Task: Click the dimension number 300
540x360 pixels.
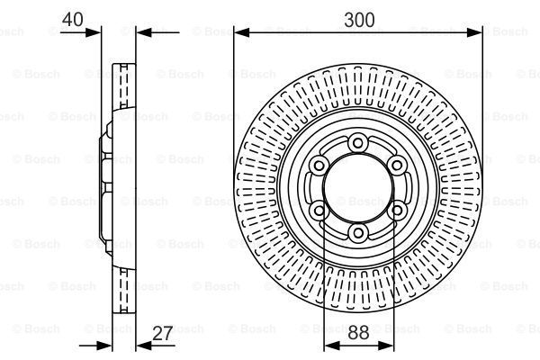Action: click(359, 20)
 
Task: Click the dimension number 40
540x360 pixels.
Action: click(73, 19)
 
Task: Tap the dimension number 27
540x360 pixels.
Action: click(162, 333)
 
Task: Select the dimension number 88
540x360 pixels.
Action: click(358, 333)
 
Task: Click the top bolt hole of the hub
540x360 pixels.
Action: click(358, 142)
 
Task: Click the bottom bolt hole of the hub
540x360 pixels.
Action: click(358, 234)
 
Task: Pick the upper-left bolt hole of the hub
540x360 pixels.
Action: click(319, 166)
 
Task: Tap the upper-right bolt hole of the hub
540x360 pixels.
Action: click(397, 166)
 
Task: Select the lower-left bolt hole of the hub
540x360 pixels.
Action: click(319, 210)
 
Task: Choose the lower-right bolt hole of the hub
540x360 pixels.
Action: click(398, 210)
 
